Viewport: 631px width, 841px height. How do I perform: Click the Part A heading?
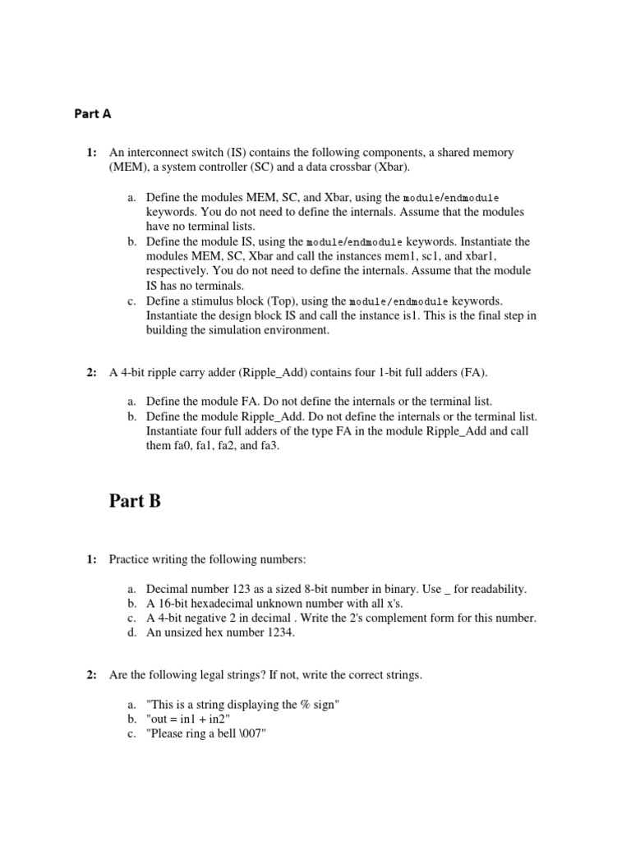(93, 114)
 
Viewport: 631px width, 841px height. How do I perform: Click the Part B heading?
(135, 502)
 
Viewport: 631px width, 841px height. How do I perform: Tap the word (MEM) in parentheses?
(127, 168)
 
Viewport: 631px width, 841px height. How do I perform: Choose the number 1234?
(279, 632)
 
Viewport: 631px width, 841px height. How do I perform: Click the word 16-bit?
(173, 604)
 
